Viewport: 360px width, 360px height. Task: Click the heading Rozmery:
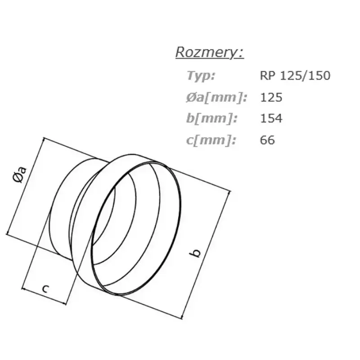tap(210, 53)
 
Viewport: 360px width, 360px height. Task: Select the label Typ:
tap(201, 76)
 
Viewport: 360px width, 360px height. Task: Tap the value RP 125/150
tap(295, 76)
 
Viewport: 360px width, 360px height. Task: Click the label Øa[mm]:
tap(217, 97)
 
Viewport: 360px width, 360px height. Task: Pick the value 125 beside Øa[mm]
tap(271, 97)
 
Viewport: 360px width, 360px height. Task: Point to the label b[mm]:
tap(211, 118)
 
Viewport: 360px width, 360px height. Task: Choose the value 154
tap(271, 118)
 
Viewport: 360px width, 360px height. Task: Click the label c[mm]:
tap(211, 140)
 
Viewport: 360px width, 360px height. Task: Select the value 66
tap(267, 140)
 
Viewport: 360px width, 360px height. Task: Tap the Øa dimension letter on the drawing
tap(20, 175)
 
